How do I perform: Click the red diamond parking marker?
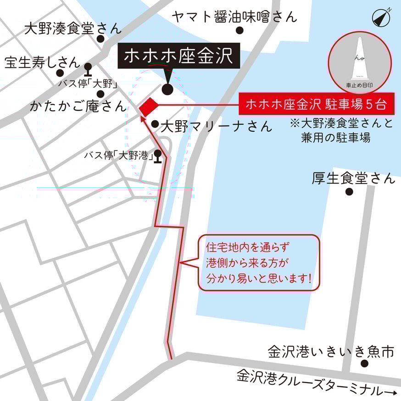[148, 106]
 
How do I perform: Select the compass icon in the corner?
[381, 17]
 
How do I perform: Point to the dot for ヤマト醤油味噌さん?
[239, 31]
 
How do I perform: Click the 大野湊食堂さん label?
[73, 29]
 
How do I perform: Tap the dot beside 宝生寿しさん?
[60, 72]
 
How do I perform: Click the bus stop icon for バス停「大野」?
[88, 69]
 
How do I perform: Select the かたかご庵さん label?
[78, 106]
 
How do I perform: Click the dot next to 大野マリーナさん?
[155, 124]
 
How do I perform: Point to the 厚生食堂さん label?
[353, 178]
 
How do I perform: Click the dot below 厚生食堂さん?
[349, 192]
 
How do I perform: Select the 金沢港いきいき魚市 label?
[331, 352]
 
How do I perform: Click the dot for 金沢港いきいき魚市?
[365, 363]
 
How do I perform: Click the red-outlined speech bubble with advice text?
[258, 263]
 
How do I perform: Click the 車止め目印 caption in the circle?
[361, 85]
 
